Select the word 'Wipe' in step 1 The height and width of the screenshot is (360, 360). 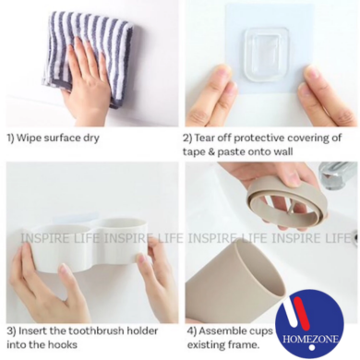click(29, 138)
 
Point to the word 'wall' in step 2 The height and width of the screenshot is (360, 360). click(282, 151)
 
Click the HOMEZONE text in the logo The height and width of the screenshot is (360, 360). click(311, 340)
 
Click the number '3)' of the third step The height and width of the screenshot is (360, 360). click(11, 331)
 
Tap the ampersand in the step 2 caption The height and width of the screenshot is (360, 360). click(211, 151)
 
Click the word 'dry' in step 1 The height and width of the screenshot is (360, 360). click(91, 138)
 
